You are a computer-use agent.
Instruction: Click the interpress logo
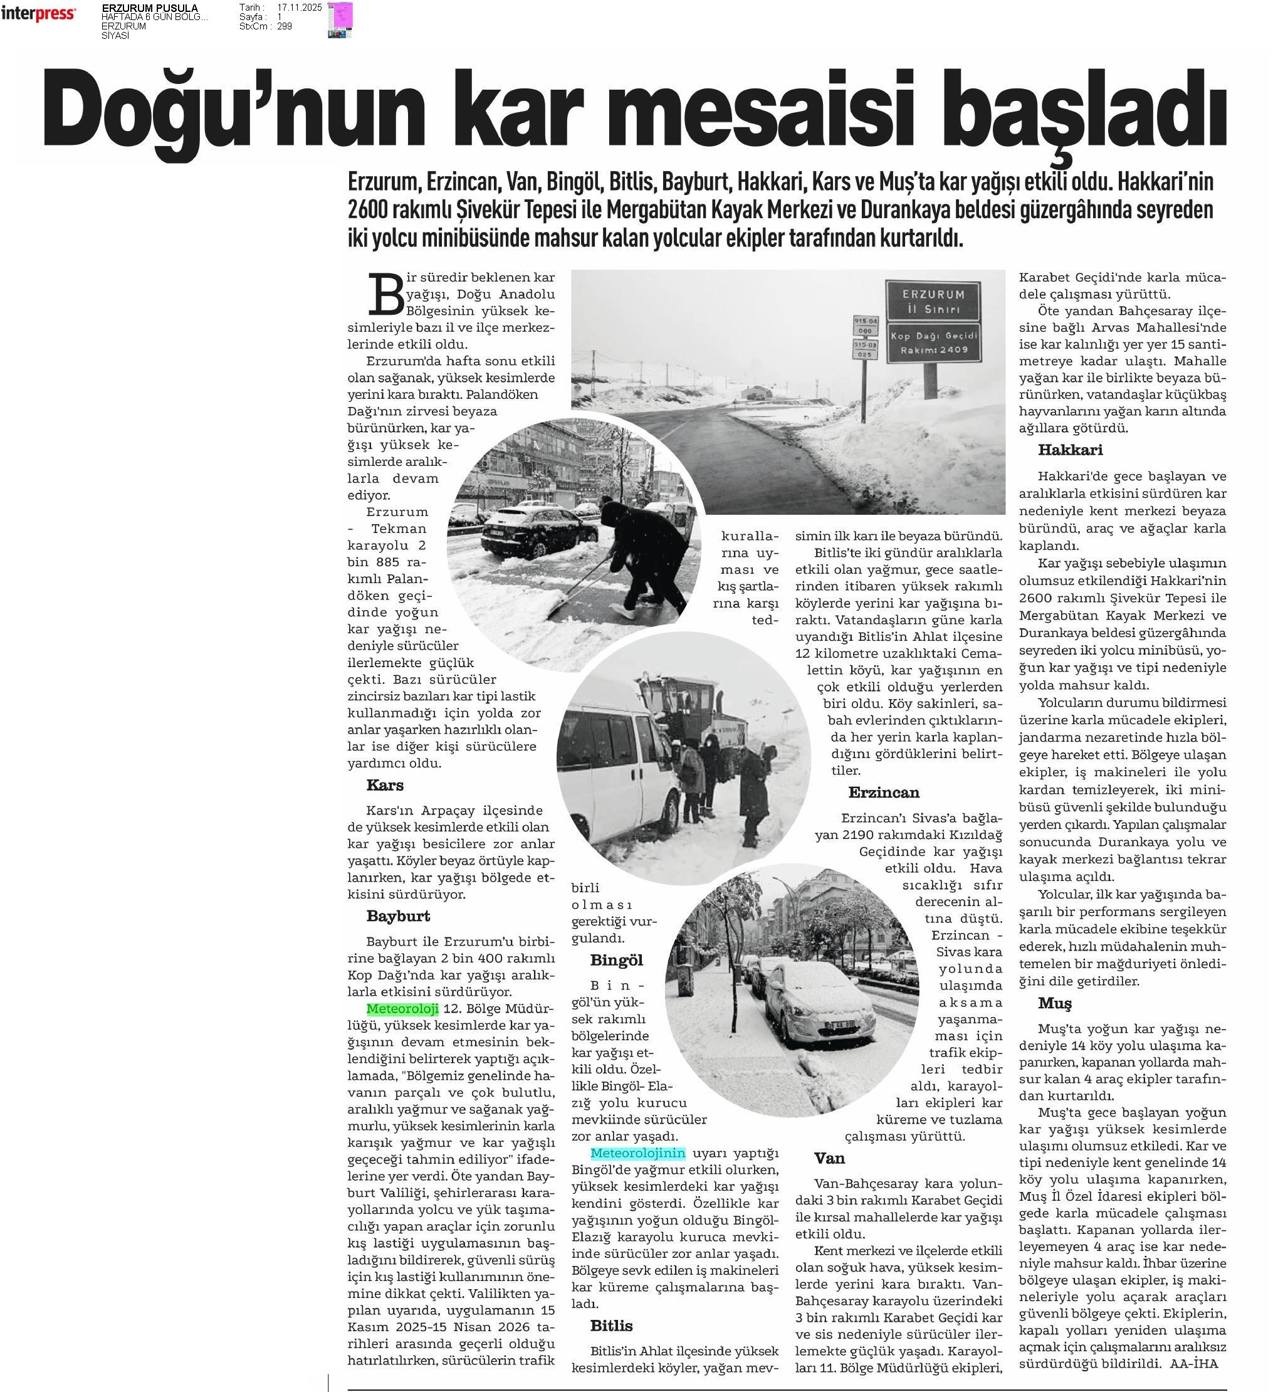click(38, 13)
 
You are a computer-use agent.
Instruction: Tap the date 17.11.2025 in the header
click(300, 8)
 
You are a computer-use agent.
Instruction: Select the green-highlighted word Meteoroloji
click(402, 1009)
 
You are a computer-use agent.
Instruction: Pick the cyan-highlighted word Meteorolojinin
click(637, 1153)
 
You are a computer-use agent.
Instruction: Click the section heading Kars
click(385, 785)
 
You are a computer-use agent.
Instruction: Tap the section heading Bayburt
click(399, 917)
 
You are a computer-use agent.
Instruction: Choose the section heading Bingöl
click(617, 960)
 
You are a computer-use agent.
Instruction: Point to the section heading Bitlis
click(611, 1326)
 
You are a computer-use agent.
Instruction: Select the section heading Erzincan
click(884, 793)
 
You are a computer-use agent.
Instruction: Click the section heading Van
click(830, 1159)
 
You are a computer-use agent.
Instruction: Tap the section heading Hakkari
click(1070, 450)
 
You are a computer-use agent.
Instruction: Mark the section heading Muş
click(1055, 1004)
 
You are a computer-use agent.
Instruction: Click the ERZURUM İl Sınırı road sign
click(934, 301)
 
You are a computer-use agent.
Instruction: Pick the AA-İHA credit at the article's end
click(1193, 1364)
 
